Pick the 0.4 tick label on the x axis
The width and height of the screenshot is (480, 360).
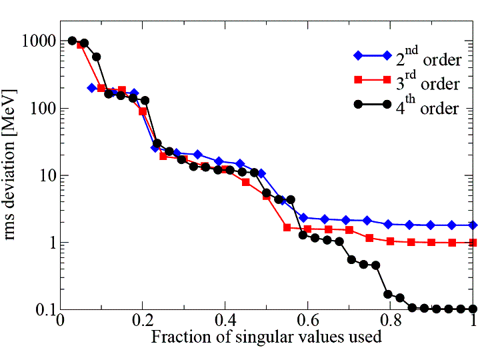(225, 321)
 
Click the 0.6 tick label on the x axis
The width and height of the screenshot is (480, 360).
(307, 321)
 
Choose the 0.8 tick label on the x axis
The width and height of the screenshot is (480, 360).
(390, 321)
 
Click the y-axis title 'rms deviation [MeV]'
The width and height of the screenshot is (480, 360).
(14, 175)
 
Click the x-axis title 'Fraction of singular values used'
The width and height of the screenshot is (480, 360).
(266, 337)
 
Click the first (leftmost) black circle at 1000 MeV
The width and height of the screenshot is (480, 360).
(72, 41)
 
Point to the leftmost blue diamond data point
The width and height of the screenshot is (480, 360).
(92, 88)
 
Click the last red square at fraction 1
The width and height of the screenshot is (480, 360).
(473, 243)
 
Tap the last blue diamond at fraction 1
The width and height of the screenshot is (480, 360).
(473, 225)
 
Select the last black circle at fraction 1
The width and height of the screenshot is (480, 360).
(473, 309)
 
